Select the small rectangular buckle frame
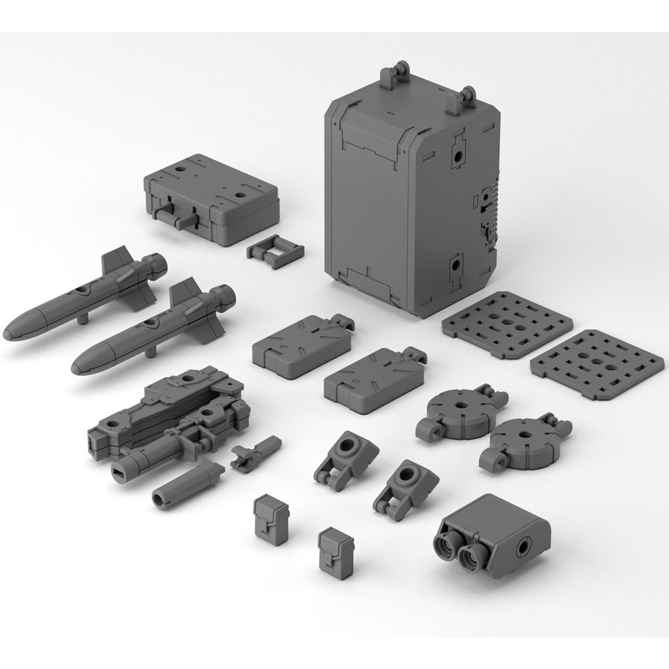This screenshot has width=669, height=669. [x=275, y=251]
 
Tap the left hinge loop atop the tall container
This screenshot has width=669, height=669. [x=396, y=74]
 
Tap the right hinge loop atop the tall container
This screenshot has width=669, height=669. [x=467, y=98]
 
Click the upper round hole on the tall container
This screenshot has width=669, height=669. [x=457, y=155]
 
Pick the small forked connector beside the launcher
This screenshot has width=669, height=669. [x=255, y=452]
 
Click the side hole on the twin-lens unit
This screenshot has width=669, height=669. [x=524, y=545]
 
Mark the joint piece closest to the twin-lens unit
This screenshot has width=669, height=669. [x=406, y=487]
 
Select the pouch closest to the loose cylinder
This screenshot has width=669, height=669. [x=271, y=519]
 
